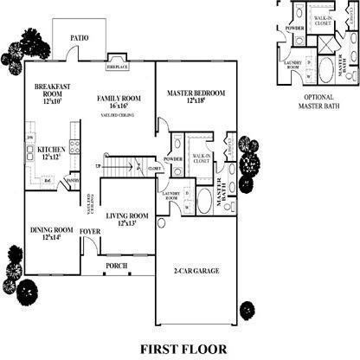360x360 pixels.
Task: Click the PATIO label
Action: [80, 38]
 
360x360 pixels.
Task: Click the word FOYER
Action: [90, 231]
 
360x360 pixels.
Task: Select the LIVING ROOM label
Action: [127, 215]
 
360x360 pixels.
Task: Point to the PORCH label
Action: [117, 266]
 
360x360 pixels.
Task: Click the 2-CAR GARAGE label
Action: [196, 271]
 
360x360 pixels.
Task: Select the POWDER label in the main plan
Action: [171, 159]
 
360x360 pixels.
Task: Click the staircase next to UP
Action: [122, 166]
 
